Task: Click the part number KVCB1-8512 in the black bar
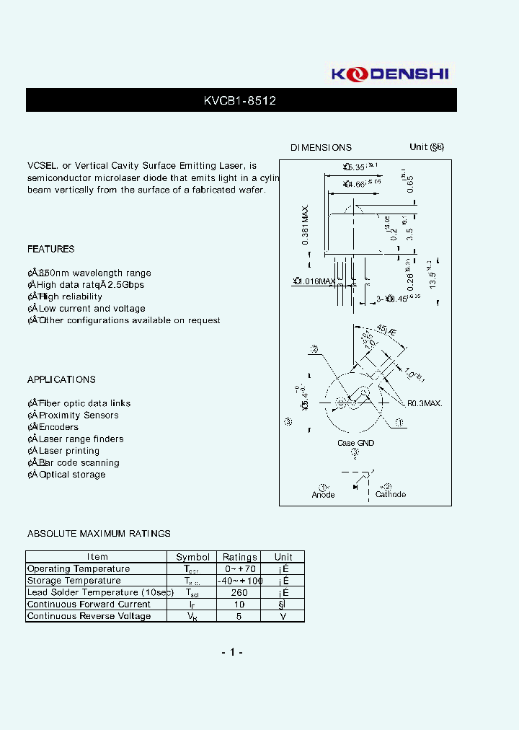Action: coord(240,101)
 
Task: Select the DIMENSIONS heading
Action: coord(321,148)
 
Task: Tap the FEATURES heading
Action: coord(50,249)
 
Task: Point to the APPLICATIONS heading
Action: coord(61,379)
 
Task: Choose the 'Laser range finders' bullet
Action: coord(81,439)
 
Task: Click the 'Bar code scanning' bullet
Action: coord(79,463)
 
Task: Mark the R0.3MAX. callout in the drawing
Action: coord(425,404)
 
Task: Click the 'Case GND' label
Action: coord(355,443)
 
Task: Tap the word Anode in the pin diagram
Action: coord(323,495)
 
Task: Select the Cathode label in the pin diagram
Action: coord(390,495)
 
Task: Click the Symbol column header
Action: coord(192,557)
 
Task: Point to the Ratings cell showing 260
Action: coord(239,592)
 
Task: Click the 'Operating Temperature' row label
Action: coord(79,569)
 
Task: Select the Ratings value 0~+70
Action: coord(239,569)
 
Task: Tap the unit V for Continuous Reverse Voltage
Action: coord(283,616)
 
